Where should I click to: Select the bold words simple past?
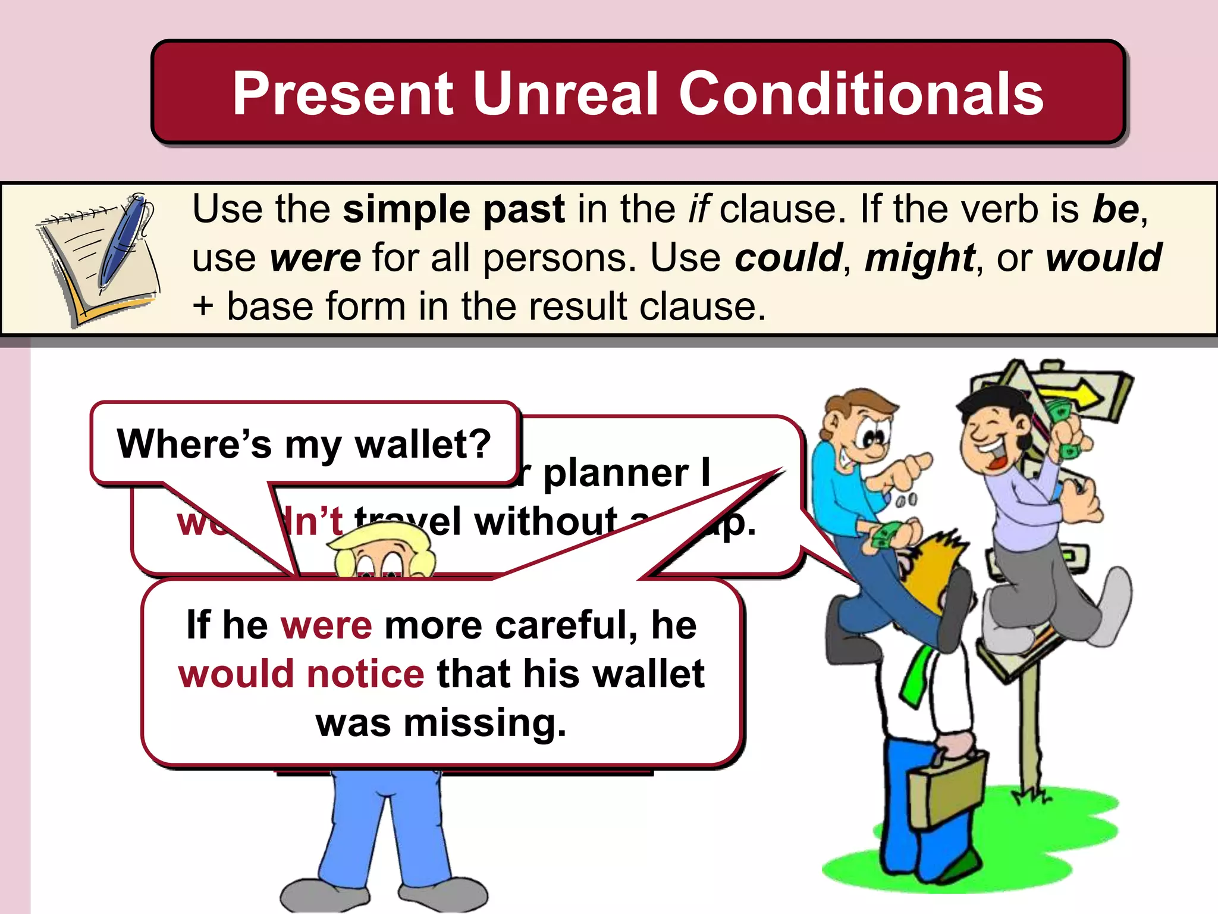click(454, 209)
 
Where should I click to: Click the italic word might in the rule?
click(919, 258)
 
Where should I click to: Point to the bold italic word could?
click(788, 258)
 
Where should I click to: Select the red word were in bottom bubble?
click(327, 625)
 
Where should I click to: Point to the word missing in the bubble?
click(485, 723)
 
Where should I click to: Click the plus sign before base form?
click(203, 307)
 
